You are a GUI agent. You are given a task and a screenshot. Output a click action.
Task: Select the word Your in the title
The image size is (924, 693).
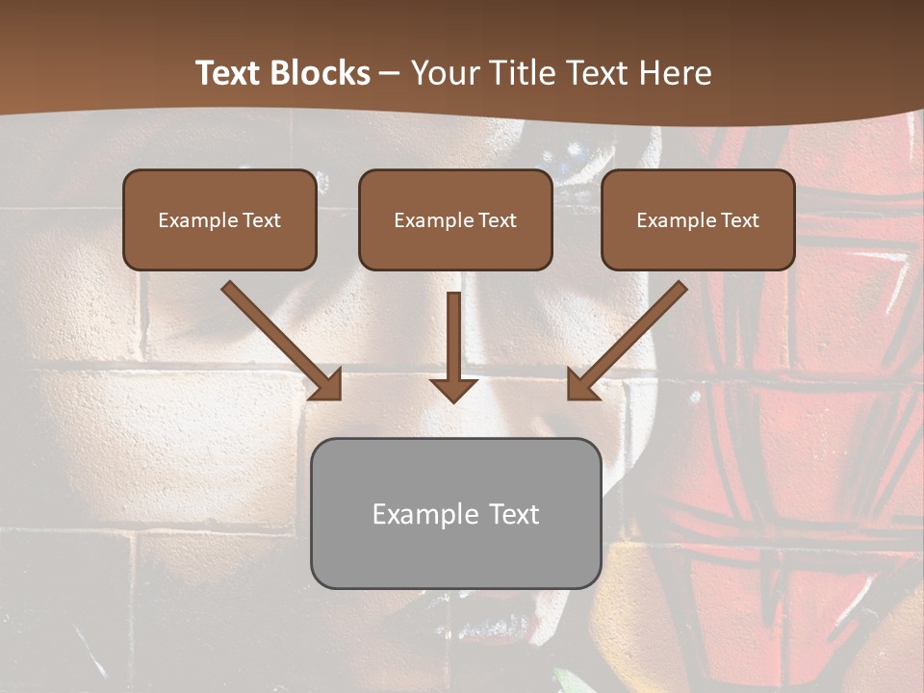(x=443, y=73)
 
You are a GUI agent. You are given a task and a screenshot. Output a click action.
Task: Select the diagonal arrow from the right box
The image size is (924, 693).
(x=630, y=337)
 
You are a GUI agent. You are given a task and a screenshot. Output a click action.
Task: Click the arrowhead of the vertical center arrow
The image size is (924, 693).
(x=453, y=389)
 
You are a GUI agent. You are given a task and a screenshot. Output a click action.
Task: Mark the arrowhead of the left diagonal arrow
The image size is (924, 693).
(x=327, y=385)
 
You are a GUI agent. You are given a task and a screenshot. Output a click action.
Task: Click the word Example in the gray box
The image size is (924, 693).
(x=423, y=514)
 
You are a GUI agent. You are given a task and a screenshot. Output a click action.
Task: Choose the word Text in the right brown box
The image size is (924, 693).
(x=739, y=220)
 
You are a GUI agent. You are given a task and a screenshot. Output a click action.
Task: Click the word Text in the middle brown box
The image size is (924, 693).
(x=497, y=220)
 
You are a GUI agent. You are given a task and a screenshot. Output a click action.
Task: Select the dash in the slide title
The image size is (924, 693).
(x=390, y=73)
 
